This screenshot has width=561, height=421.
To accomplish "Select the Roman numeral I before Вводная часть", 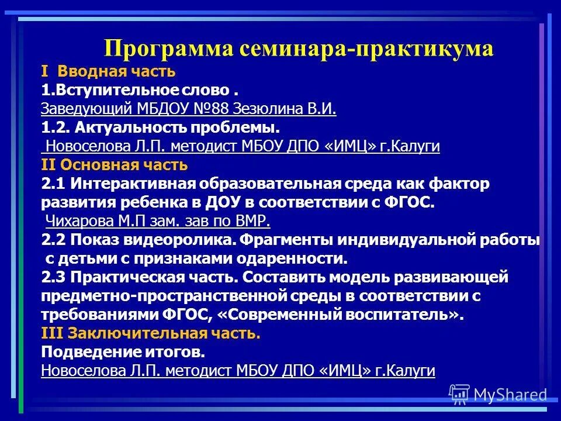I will pyautogui.click(x=44, y=72).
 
